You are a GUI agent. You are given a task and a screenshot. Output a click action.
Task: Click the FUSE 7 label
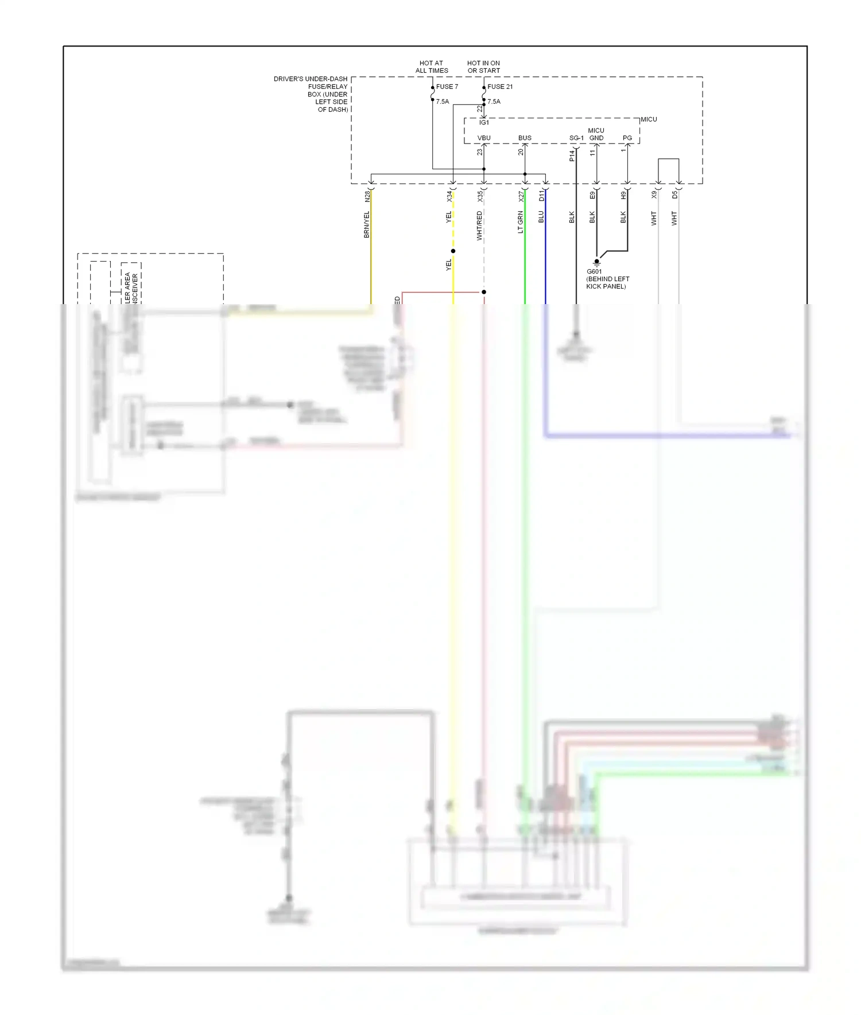[x=447, y=87]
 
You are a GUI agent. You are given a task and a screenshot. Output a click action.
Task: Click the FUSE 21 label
[x=500, y=87]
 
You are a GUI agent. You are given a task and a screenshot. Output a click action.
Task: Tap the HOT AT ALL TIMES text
[x=432, y=67]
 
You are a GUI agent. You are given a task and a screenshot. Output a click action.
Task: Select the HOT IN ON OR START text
[x=483, y=67]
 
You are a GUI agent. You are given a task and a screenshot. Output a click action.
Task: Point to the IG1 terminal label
[x=484, y=122]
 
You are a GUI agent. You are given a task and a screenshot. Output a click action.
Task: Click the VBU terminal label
[x=484, y=138]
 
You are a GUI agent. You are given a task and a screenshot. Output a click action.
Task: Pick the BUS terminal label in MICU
[x=525, y=138]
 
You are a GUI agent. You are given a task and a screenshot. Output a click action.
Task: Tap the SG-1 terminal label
[x=576, y=138]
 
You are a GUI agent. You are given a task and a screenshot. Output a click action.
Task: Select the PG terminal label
[x=627, y=138]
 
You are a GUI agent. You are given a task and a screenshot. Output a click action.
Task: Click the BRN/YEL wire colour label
[x=367, y=224]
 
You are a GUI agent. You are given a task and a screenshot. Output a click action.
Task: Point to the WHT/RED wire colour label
[x=480, y=225]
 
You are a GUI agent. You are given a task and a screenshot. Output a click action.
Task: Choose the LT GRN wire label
[x=521, y=222]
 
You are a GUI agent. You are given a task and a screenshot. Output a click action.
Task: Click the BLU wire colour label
[x=541, y=217]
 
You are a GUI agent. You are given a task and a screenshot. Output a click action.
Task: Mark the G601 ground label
[x=594, y=271]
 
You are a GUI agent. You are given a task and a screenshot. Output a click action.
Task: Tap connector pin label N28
[x=367, y=196]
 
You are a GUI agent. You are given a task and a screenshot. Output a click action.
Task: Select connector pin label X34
[x=449, y=196]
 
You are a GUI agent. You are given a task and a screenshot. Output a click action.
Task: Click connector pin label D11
[x=541, y=196]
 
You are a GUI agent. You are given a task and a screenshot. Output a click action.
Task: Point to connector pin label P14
[x=572, y=155]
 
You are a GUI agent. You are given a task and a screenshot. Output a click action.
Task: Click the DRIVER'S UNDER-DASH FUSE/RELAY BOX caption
[x=311, y=94]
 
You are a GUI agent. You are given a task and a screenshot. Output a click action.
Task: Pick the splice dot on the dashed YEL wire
[x=453, y=251]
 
